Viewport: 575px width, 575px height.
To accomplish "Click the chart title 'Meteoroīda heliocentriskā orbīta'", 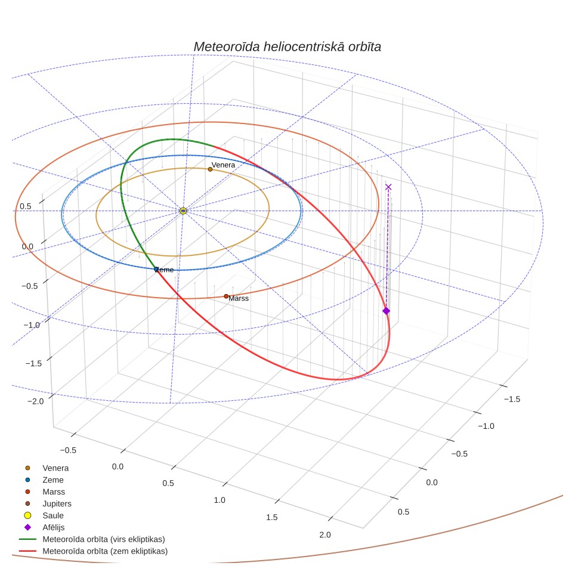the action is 287,47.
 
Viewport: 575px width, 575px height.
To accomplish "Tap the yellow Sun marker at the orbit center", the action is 183,211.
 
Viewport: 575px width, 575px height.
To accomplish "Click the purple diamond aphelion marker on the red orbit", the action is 386,311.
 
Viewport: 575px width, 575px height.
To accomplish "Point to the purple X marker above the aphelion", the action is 388,187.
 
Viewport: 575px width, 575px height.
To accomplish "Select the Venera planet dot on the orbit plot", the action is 210,169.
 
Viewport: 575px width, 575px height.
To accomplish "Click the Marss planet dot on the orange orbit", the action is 226,296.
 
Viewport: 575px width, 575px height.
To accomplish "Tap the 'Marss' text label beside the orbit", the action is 239,298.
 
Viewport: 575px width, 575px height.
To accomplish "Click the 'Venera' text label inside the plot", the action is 223,165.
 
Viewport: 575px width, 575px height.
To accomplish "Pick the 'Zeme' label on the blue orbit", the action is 164,270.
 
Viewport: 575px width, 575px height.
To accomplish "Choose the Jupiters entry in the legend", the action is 57,504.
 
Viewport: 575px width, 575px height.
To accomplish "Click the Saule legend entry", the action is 53,515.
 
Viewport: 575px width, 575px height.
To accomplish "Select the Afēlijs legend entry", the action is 54,527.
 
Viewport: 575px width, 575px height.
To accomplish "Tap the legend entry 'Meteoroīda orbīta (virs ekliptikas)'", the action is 103,539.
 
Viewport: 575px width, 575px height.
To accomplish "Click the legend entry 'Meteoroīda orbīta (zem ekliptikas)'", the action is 105,551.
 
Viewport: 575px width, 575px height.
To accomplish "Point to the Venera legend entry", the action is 55,468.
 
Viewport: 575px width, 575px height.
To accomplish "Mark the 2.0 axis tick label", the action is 325,534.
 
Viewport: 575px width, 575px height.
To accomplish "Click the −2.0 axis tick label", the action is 36,401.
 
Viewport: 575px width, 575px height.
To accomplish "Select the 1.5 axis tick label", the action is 272,517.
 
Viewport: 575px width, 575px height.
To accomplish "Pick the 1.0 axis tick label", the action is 220,500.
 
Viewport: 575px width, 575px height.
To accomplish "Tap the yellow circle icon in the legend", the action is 27,515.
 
